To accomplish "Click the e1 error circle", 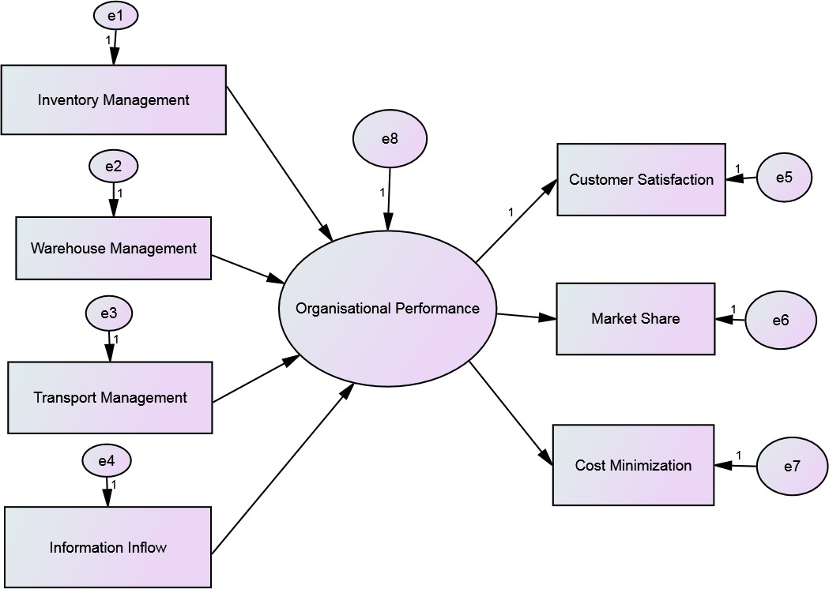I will (115, 15).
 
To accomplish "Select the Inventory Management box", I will (114, 99).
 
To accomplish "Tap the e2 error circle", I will (114, 166).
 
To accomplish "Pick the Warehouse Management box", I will (114, 248).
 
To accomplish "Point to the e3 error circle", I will (109, 313).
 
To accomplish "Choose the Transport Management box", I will (111, 397).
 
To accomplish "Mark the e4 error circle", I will (107, 460).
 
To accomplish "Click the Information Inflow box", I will (108, 547).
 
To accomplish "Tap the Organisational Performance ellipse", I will (387, 308).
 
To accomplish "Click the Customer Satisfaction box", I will (641, 179).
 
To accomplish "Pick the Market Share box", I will (635, 318).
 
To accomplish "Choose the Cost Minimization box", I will (633, 465).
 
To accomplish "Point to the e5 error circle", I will (784, 178).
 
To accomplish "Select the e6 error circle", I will (779, 320).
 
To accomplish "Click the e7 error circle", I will (792, 466).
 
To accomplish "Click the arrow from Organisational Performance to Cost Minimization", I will (510, 414).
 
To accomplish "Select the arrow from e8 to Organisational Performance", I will (389, 201).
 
